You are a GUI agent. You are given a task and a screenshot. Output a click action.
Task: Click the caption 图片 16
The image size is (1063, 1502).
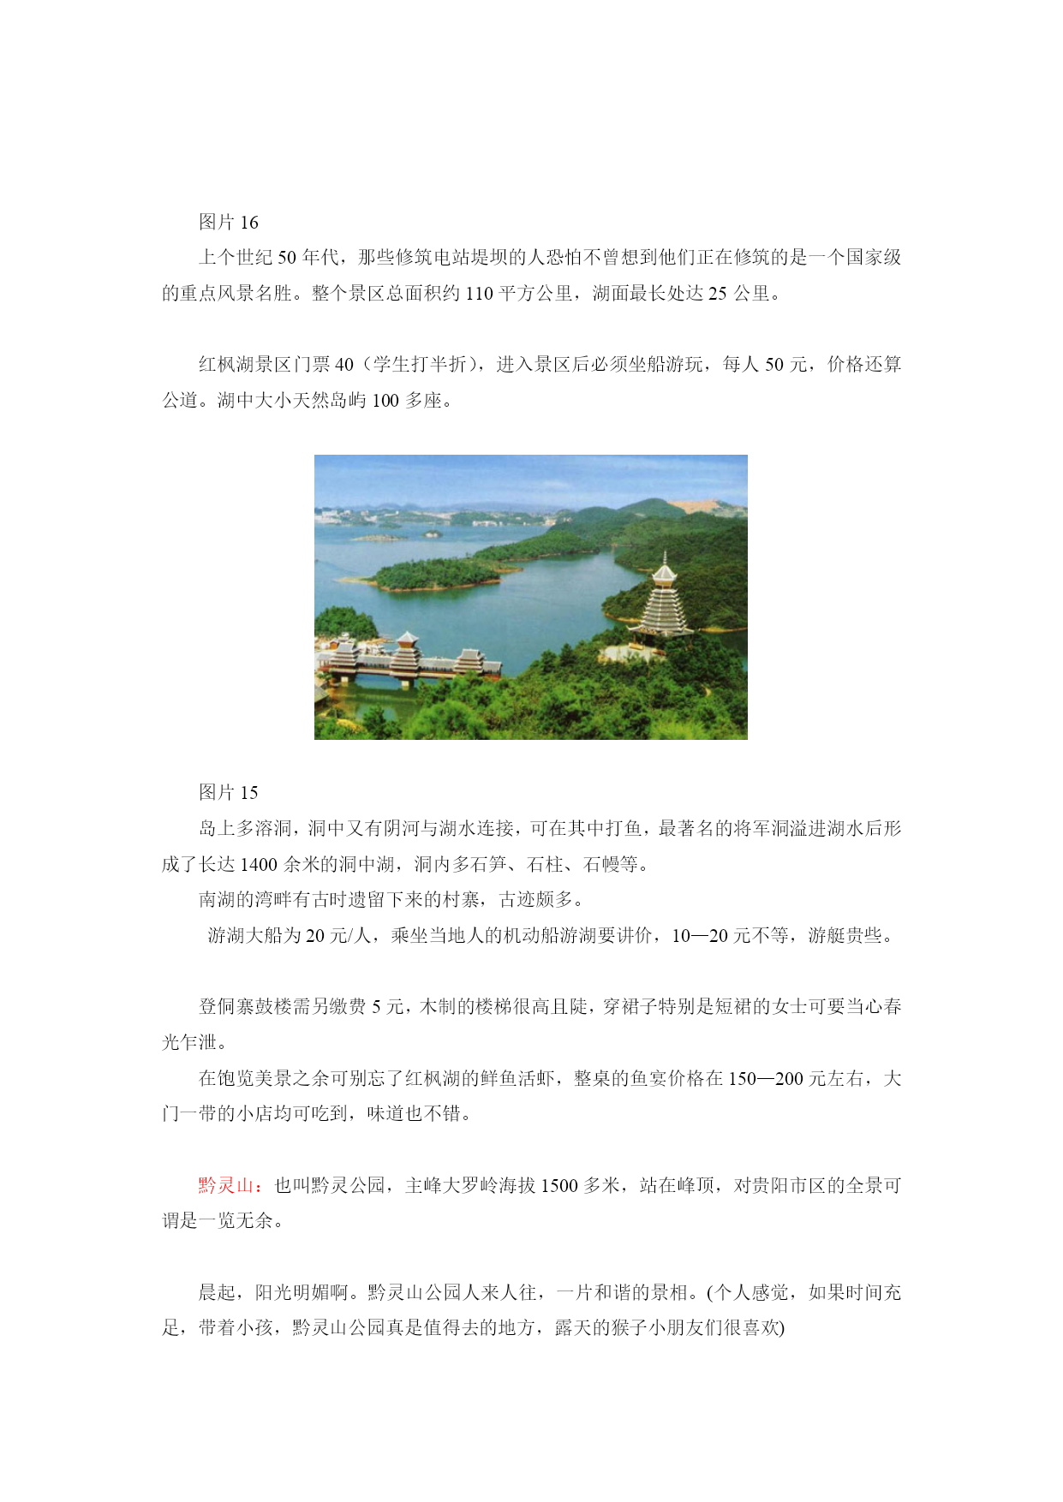(228, 223)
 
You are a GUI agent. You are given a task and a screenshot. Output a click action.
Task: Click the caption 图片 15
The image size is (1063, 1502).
(228, 793)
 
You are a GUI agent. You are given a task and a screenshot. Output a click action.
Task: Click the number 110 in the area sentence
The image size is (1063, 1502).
(479, 294)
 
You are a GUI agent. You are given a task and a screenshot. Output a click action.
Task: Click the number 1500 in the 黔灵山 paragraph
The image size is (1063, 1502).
(559, 1186)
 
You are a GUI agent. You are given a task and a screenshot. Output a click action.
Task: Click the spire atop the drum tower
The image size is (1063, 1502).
(664, 558)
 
